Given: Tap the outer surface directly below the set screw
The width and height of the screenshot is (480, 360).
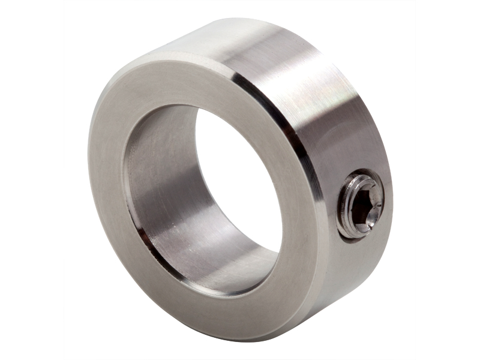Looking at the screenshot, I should click(x=354, y=264).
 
